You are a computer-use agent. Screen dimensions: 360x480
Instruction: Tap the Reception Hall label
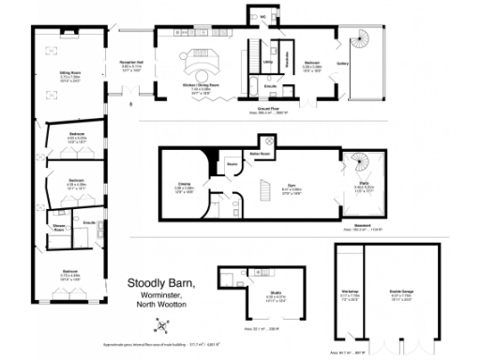click(x=130, y=66)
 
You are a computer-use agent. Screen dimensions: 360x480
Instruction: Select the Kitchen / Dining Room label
click(x=200, y=84)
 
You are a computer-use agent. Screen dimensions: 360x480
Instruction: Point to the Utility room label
click(x=268, y=62)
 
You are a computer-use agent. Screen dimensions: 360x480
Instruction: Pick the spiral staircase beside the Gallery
click(x=361, y=44)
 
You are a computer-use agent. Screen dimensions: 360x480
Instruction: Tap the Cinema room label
click(x=185, y=184)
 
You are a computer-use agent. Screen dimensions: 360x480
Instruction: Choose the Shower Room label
click(x=58, y=228)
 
